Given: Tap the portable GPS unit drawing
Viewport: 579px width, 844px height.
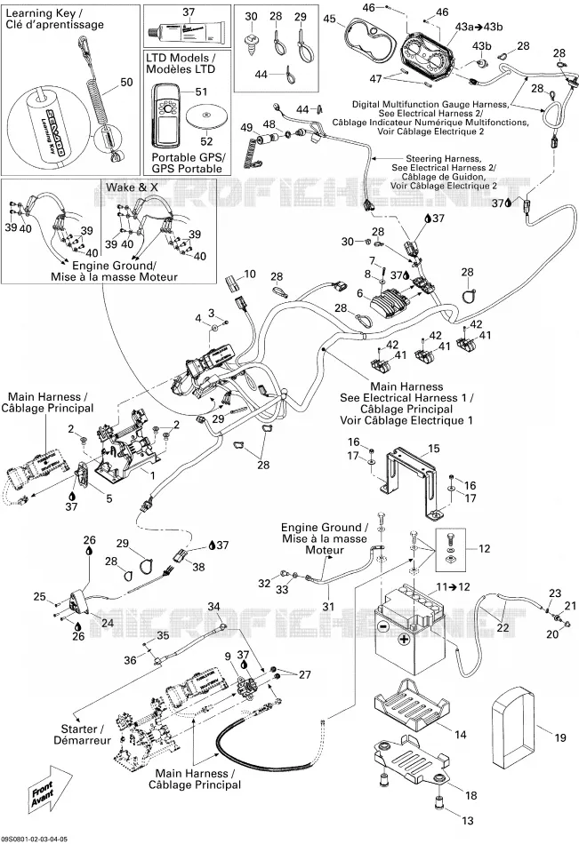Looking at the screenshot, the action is (x=168, y=114).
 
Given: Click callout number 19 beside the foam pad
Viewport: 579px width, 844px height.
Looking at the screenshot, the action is (x=560, y=737).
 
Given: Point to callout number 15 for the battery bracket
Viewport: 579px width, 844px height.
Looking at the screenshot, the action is (x=433, y=449).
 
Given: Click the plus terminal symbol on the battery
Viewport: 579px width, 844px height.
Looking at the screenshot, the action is (x=403, y=639).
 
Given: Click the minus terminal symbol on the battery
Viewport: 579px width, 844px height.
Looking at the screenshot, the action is (x=382, y=626).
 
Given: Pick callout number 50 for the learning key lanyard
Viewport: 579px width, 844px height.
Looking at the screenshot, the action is (x=126, y=83).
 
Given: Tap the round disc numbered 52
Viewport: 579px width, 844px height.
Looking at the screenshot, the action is (x=206, y=116).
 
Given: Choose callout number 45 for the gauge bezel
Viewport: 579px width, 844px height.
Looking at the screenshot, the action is (x=329, y=19).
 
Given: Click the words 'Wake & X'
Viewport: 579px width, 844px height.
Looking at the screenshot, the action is (x=133, y=187).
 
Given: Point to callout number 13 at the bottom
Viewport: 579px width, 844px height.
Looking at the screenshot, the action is (x=468, y=820).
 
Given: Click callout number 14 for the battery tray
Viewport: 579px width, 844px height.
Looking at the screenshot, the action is (x=461, y=734).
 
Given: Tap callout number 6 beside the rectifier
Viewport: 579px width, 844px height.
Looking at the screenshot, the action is (x=360, y=293).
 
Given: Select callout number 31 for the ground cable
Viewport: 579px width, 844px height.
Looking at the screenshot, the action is (x=328, y=606).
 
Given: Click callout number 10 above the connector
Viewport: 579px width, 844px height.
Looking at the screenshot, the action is (x=250, y=274).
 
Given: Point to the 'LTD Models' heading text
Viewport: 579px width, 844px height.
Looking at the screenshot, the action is (x=181, y=58).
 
